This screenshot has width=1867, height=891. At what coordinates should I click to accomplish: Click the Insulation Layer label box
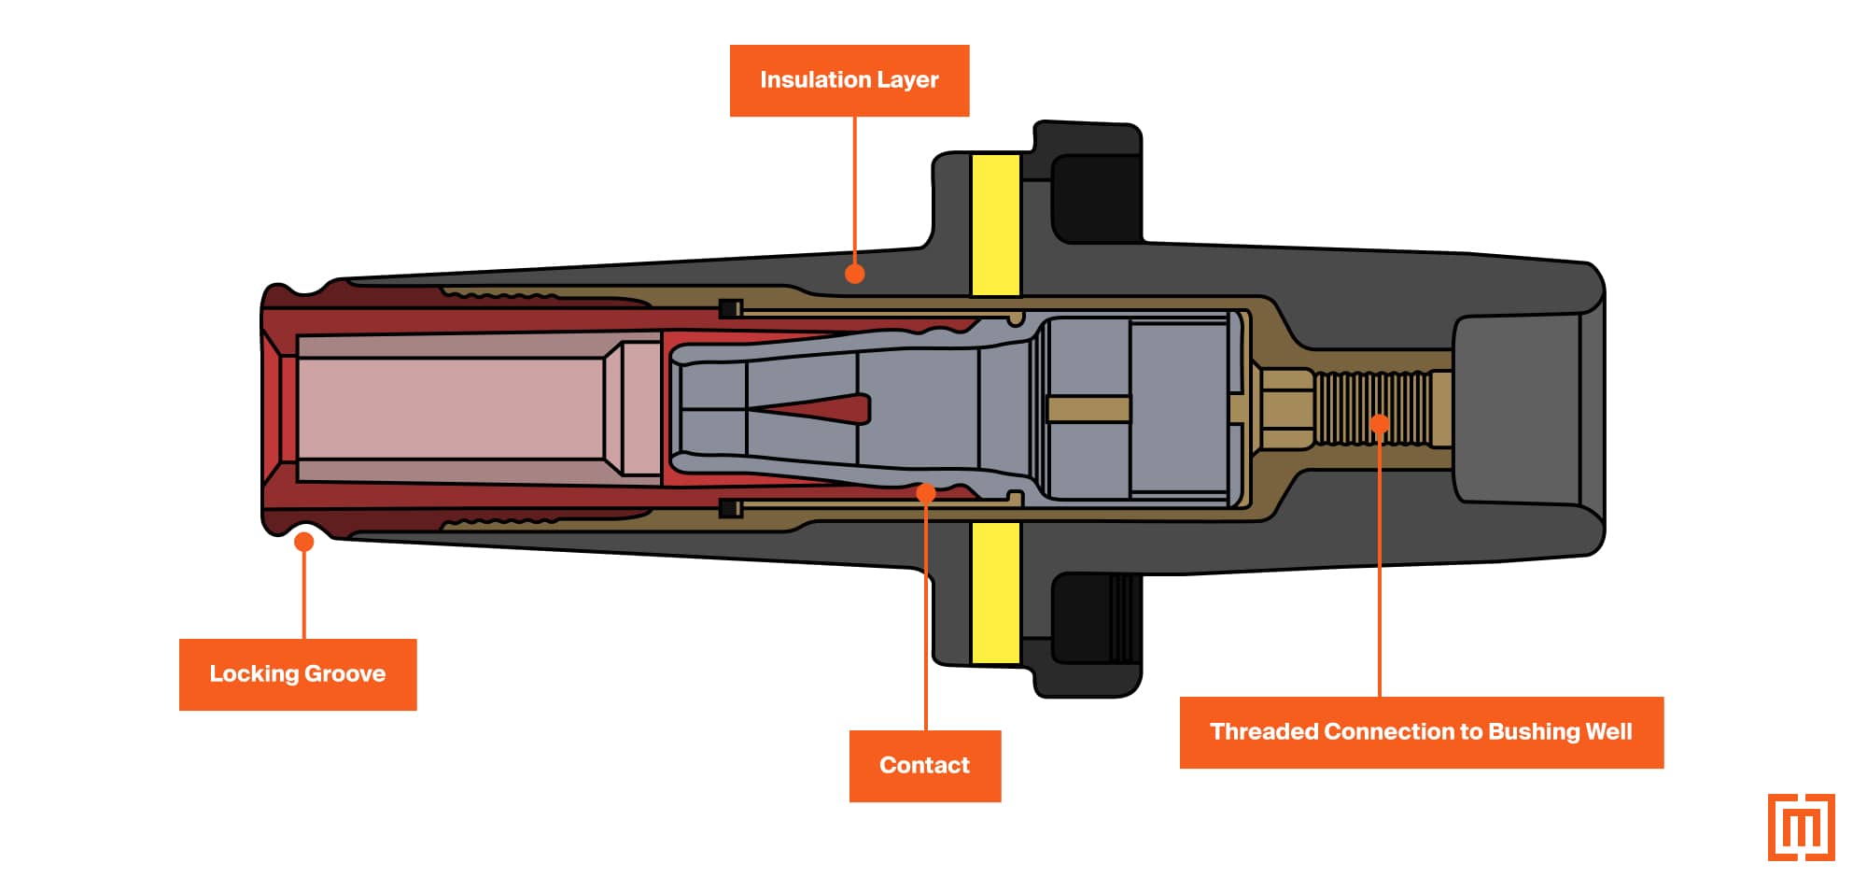[x=849, y=80]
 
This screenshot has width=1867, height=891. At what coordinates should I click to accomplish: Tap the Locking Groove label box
[x=297, y=674]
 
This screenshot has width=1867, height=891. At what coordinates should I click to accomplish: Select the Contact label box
[x=924, y=766]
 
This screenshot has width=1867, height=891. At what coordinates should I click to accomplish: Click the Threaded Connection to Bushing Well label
[x=1420, y=732]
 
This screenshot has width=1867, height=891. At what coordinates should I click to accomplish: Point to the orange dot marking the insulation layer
[x=854, y=274]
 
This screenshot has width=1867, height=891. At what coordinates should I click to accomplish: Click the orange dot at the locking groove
[x=303, y=541]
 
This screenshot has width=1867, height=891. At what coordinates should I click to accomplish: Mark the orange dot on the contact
[x=925, y=492]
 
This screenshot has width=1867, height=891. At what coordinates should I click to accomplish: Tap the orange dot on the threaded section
[x=1379, y=424]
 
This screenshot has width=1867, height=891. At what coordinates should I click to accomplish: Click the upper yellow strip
[x=995, y=224]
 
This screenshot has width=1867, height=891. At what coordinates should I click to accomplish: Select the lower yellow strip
[x=995, y=592]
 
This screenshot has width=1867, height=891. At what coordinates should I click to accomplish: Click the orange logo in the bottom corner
[x=1801, y=827]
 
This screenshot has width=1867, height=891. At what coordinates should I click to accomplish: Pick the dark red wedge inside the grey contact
[x=821, y=408]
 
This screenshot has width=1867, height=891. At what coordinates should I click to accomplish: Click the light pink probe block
[x=448, y=407]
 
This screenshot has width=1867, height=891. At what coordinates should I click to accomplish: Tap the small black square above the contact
[x=730, y=308]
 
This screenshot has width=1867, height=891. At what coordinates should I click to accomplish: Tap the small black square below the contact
[x=730, y=508]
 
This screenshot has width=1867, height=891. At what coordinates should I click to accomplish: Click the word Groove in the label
[x=344, y=674]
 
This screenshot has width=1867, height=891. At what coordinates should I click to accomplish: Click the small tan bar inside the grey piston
[x=1088, y=408]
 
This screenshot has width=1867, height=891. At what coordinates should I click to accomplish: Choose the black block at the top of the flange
[x=1097, y=198]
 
